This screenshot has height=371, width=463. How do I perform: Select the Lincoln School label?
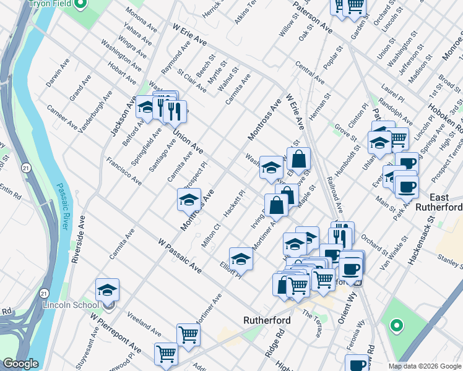pos(71,305)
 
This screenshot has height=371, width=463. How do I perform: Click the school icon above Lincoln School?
pos(108,290)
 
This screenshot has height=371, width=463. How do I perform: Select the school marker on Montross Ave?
pos(189,200)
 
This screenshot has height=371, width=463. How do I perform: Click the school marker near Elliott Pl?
pos(241,259)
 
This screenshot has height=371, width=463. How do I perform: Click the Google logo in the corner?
pos(20,364)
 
